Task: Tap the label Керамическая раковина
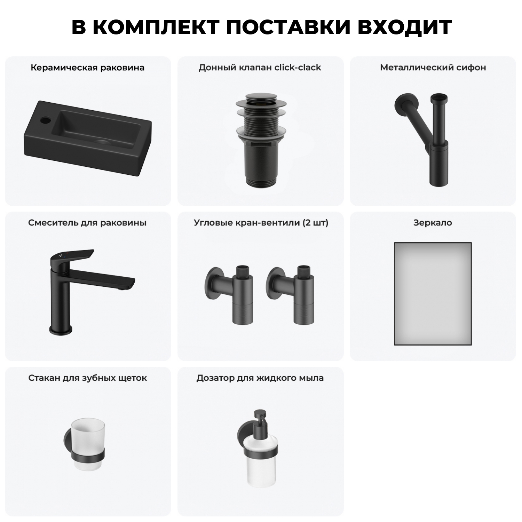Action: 87,68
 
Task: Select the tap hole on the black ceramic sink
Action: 45,121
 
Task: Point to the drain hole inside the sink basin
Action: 102,142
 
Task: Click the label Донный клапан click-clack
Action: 260,68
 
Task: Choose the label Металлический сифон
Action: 433,68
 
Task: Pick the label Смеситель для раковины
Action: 87,223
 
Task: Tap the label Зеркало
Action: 433,223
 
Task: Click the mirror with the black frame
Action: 433,294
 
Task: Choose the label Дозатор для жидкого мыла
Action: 260,378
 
